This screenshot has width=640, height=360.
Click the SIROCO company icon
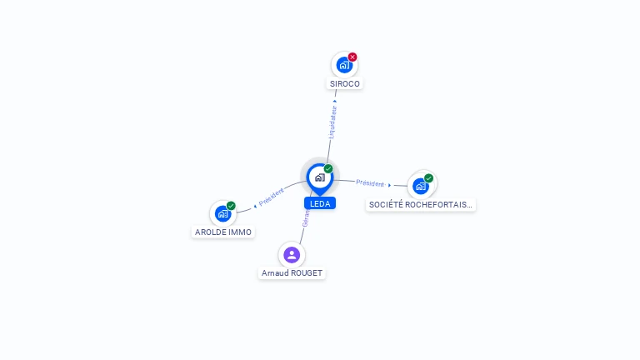tap(343, 65)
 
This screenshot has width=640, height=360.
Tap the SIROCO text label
tap(345, 84)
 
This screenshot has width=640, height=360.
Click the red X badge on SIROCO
tap(352, 57)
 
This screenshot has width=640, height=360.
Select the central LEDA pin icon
tap(319, 177)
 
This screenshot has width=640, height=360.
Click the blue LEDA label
tap(320, 203)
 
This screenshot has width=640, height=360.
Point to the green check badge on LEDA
tap(328, 168)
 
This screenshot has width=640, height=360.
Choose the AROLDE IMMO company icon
tap(222, 213)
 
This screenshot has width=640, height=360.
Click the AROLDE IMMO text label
tap(222, 232)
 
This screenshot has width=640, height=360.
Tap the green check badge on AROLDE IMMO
tap(231, 206)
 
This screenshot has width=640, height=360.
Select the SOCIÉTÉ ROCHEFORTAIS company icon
tap(421, 186)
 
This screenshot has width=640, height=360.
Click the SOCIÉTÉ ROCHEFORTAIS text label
tap(421, 204)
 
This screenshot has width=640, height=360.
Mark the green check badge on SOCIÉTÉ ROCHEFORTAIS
tap(428, 178)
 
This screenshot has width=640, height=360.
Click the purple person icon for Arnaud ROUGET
tap(291, 254)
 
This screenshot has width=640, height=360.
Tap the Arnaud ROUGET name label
tap(292, 273)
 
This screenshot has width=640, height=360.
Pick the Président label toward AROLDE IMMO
tap(272, 197)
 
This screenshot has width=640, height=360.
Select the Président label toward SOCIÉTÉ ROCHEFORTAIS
tap(370, 182)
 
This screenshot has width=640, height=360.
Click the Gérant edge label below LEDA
tap(306, 218)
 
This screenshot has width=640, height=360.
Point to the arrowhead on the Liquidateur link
tap(335, 101)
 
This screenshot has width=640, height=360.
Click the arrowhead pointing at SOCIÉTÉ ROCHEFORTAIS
tap(389, 185)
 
